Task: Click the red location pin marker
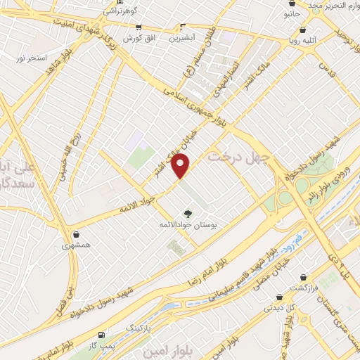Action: [181, 166]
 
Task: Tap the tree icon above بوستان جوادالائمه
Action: [187, 213]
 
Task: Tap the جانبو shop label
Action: [291, 13]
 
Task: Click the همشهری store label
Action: [75, 245]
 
